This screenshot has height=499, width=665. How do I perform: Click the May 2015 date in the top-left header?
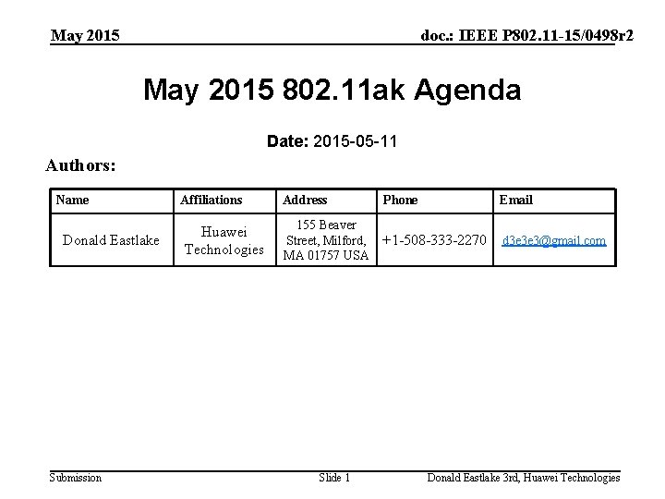(x=85, y=36)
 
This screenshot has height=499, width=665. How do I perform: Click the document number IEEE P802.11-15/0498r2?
(x=526, y=36)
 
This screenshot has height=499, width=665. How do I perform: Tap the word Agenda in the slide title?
(x=467, y=91)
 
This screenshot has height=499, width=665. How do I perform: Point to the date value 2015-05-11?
(x=356, y=141)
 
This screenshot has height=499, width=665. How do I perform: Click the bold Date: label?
(x=287, y=141)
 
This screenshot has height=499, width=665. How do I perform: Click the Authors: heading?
(x=81, y=166)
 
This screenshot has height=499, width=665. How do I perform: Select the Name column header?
(x=72, y=200)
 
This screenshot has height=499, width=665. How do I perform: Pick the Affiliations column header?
(x=211, y=200)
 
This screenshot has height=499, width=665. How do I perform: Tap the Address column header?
(x=305, y=200)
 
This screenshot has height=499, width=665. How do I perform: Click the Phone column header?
(x=400, y=200)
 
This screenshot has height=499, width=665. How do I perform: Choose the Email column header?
(x=515, y=200)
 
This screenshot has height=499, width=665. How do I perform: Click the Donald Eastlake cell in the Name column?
(x=111, y=240)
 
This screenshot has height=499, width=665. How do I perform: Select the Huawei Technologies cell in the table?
(x=224, y=240)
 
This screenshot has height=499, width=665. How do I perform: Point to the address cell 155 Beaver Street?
(x=325, y=240)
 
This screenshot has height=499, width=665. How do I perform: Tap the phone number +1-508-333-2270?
(x=433, y=240)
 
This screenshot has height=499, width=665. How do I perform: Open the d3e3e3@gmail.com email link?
(x=553, y=240)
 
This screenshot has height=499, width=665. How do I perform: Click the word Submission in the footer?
(x=76, y=478)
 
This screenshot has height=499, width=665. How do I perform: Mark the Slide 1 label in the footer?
(x=334, y=478)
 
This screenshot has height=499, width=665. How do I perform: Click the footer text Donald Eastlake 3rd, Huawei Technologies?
(x=523, y=478)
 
